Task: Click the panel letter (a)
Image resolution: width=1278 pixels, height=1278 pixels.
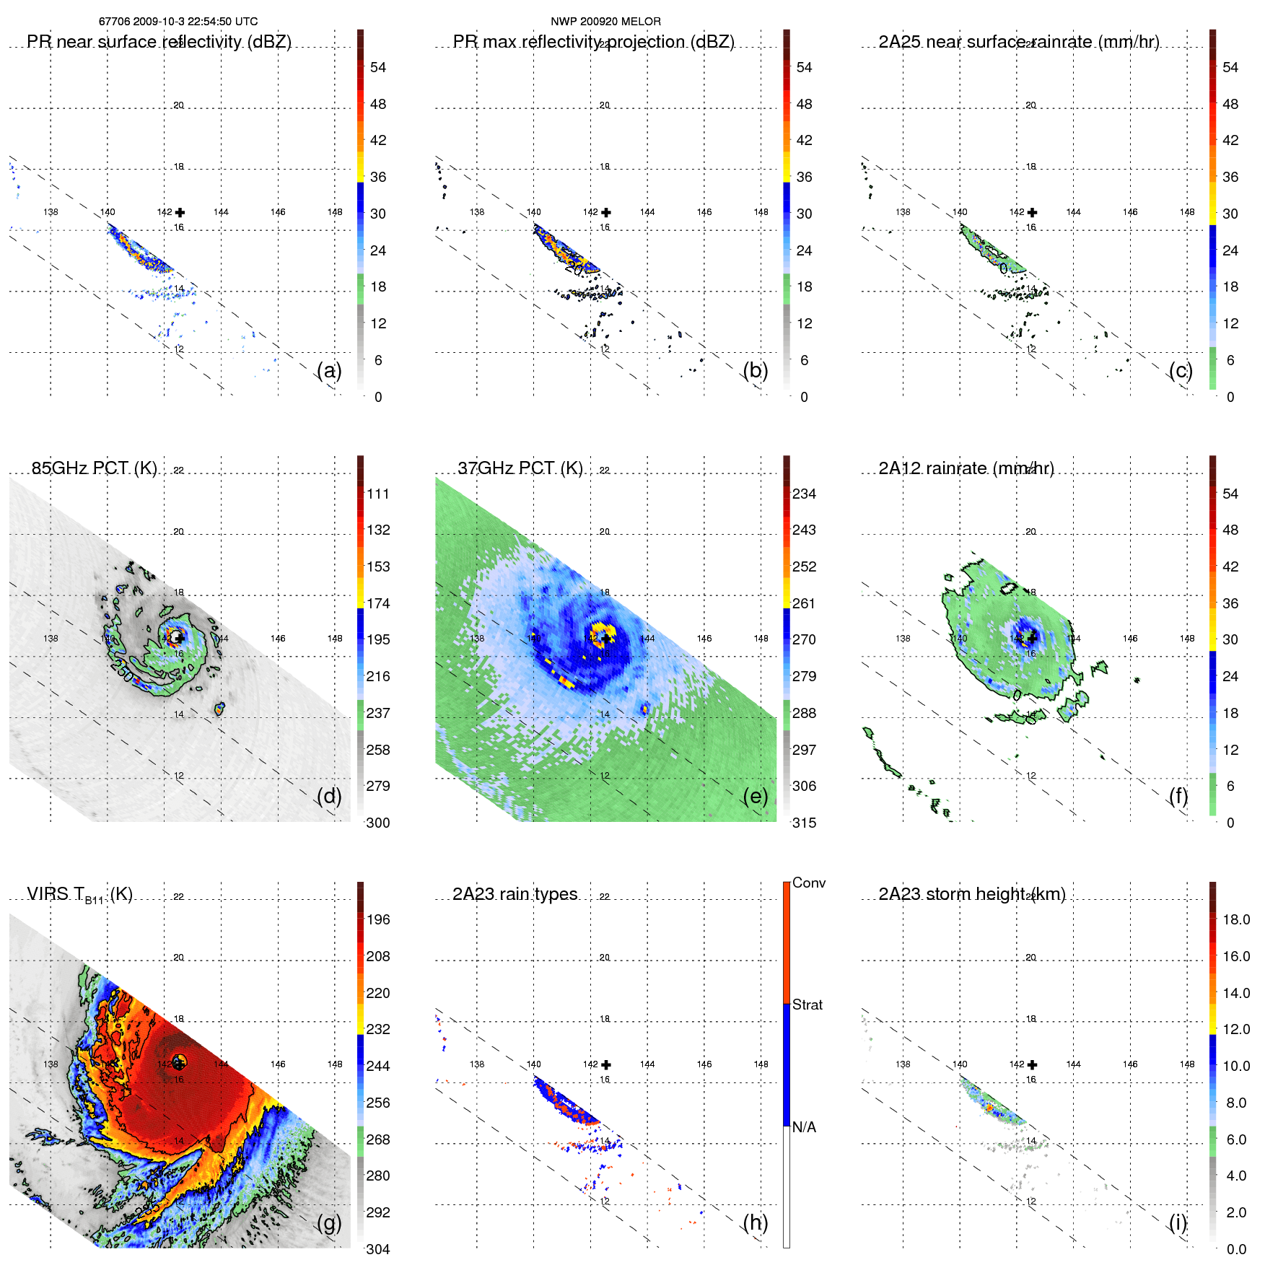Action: tap(329, 370)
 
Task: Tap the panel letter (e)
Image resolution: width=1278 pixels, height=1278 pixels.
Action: tap(755, 796)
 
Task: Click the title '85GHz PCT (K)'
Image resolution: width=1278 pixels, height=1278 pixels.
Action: tap(95, 468)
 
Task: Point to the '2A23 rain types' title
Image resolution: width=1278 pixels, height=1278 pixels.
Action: tap(515, 894)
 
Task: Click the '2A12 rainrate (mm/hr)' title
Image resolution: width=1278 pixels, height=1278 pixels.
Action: tap(966, 468)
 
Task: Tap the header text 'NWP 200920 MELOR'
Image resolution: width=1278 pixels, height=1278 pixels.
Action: tap(605, 22)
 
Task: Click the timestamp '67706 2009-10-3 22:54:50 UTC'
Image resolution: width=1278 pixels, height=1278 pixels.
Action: tap(178, 22)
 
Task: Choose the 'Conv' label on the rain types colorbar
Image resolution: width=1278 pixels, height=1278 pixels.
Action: tap(809, 883)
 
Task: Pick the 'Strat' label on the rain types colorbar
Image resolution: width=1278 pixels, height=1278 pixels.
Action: tap(807, 1005)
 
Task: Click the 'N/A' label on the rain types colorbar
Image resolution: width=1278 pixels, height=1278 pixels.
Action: tap(805, 1127)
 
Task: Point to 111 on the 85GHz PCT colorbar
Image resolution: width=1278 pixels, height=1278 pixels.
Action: tap(378, 494)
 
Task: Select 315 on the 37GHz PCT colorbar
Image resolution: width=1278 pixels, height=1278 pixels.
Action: tap(804, 823)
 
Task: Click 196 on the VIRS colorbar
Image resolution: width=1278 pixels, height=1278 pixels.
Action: tap(378, 919)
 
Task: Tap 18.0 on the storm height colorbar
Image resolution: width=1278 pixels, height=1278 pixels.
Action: tap(1236, 919)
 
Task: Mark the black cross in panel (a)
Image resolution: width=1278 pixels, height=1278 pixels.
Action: tap(180, 212)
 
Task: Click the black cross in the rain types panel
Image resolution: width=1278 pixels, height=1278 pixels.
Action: tap(606, 1064)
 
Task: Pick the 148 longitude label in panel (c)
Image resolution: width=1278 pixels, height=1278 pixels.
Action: tap(1187, 212)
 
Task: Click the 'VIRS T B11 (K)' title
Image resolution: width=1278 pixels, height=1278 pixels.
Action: tap(79, 895)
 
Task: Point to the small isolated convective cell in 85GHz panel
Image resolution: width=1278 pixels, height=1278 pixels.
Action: tap(219, 709)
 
